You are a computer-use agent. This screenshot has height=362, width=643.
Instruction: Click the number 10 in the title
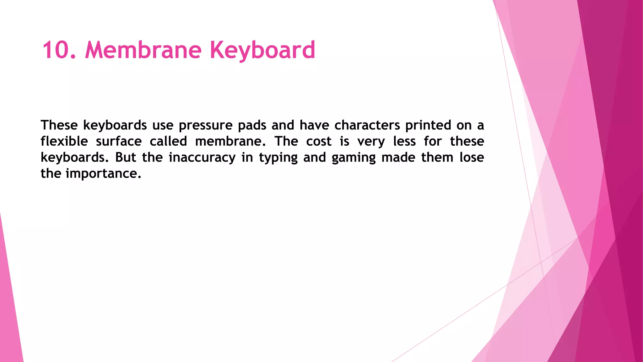pyautogui.click(x=55, y=50)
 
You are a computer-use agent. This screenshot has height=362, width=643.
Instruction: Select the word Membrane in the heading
pyautogui.click(x=143, y=50)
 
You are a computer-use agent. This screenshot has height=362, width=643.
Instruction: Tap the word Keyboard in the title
pyautogui.click(x=262, y=50)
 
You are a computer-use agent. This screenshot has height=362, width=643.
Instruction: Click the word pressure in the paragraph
pyautogui.click(x=206, y=125)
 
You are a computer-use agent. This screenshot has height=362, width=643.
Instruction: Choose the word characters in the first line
pyautogui.click(x=367, y=125)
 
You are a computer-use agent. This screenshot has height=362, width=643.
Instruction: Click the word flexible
pyautogui.click(x=64, y=141)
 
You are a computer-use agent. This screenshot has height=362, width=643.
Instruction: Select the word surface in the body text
pyautogui.click(x=119, y=141)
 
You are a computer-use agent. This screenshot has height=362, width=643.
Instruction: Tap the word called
pyautogui.click(x=168, y=141)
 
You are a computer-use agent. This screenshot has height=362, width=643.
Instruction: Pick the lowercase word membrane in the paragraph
pyautogui.click(x=230, y=141)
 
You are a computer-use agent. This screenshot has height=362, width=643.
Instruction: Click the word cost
pyautogui.click(x=319, y=141)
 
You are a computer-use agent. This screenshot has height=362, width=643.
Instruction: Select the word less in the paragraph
pyautogui.click(x=404, y=141)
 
